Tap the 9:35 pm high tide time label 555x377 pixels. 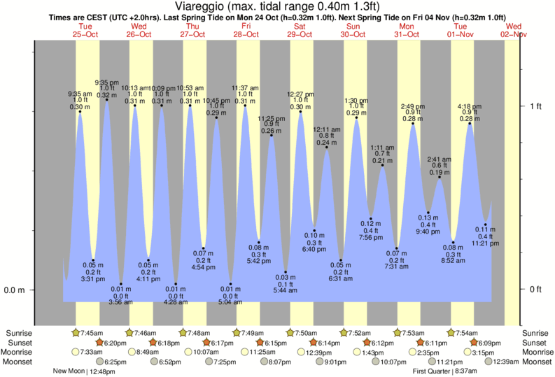pyautogui.click(x=106, y=82)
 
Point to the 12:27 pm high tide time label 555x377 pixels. pyautogui.click(x=300, y=94)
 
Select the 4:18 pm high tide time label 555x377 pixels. pyautogui.click(x=468, y=106)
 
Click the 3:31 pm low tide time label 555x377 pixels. pyautogui.click(x=92, y=278)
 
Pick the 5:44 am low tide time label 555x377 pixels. pyautogui.click(x=286, y=290)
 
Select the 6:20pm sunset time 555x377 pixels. pyautogui.click(x=114, y=343)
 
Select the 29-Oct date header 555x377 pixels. pyautogui.click(x=300, y=34)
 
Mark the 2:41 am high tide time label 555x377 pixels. pyautogui.click(x=440, y=159)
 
